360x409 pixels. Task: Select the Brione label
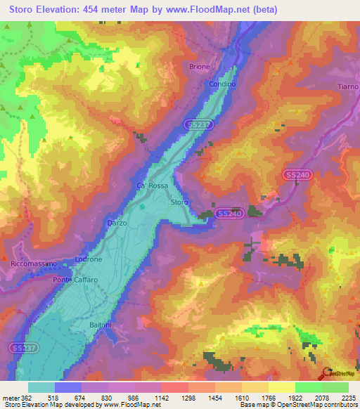[199, 67]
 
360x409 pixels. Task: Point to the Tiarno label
[347, 86]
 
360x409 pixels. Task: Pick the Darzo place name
[117, 223]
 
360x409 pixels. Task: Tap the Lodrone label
[89, 259]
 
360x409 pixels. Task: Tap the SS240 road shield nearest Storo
[229, 213]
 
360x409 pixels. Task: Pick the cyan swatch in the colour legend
[41, 387]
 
